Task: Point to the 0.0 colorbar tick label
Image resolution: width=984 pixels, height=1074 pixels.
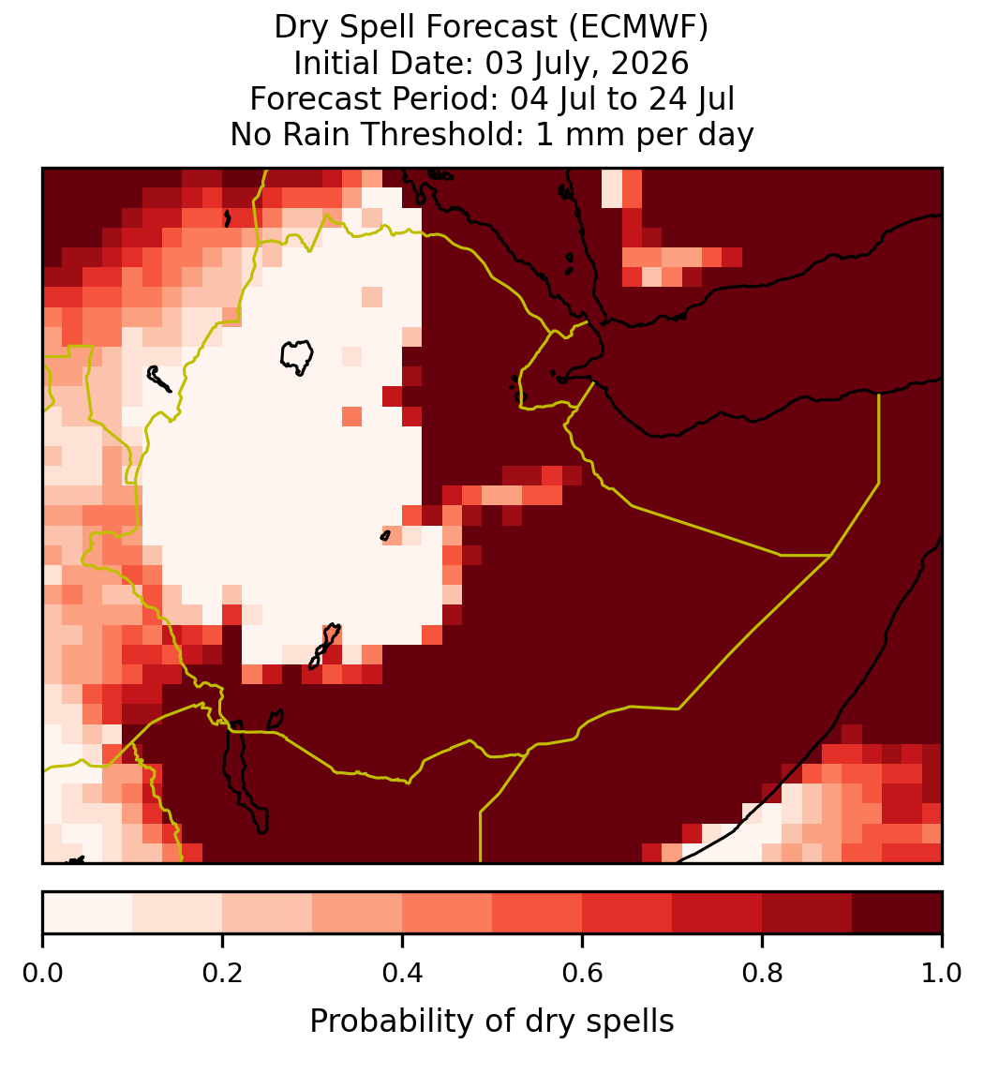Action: pos(42,973)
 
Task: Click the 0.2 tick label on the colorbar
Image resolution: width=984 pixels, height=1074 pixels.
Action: pos(222,973)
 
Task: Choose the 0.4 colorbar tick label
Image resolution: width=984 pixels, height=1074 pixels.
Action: pos(403,973)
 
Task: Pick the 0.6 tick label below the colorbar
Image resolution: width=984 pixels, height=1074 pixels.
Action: pos(583,973)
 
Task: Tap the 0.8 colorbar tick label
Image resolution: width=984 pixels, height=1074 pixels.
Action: pos(763,973)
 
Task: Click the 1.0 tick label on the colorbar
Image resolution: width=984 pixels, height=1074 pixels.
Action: pos(942,973)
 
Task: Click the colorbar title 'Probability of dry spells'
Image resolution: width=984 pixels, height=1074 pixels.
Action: pos(492,1022)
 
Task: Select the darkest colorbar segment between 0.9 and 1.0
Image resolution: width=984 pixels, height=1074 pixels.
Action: pos(898,913)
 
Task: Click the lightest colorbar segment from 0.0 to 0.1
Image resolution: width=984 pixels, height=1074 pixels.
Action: pos(88,913)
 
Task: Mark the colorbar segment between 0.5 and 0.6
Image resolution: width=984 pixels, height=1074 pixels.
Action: pos(538,913)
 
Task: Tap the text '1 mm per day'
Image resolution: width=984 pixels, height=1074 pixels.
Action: pos(645,134)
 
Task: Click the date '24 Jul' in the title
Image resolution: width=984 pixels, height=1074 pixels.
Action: pos(692,98)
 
